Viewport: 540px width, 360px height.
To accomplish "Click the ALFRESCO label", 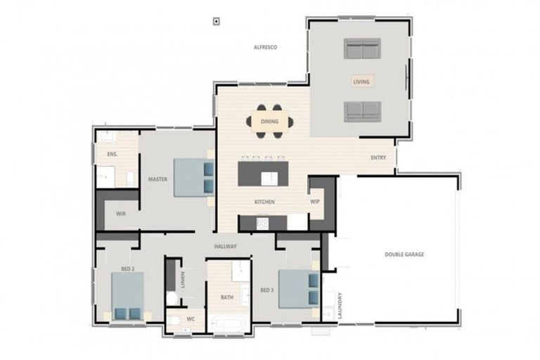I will (x=265, y=47).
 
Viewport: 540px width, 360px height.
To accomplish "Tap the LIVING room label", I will (x=361, y=82).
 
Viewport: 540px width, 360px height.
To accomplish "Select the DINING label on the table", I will (x=269, y=122).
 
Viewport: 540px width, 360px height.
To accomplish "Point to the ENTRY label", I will (x=378, y=157).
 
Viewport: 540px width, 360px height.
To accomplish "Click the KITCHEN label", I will (x=264, y=202).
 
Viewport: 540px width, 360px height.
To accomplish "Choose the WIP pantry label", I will (x=315, y=202).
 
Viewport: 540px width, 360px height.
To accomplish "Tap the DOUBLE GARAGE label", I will (x=404, y=255).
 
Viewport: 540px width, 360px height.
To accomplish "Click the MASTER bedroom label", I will (x=157, y=179).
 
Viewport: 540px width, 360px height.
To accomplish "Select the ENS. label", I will (x=112, y=154).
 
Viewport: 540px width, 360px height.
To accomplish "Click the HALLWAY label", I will (x=226, y=247).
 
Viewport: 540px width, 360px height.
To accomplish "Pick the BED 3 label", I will (x=266, y=290).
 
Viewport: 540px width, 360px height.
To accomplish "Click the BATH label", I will (x=227, y=297).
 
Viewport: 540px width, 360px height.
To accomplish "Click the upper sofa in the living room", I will (x=362, y=49).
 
